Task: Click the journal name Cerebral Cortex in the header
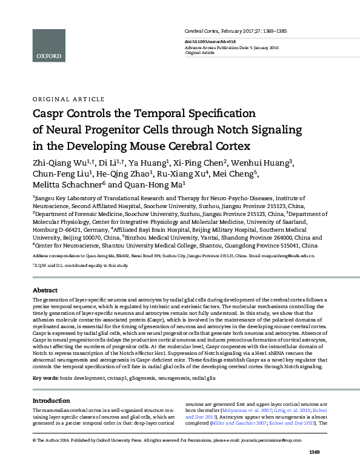tap(202, 30)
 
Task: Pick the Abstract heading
tap(45, 291)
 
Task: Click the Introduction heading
tap(52, 383)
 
